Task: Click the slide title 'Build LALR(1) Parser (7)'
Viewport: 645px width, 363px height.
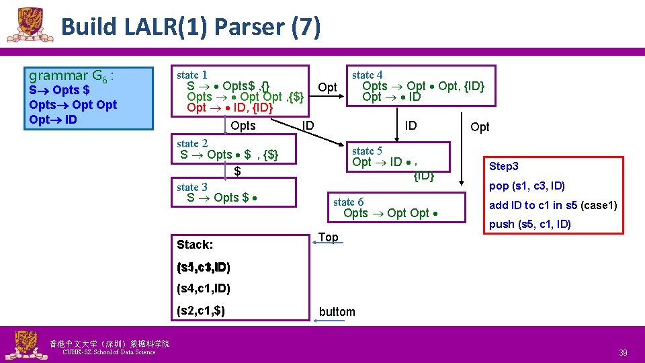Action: pos(191,27)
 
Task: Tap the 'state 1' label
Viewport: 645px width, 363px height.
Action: pos(191,75)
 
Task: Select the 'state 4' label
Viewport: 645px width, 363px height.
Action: pos(367,75)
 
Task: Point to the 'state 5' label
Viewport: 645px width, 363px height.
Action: pos(367,151)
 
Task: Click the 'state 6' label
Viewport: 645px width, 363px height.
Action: pos(348,202)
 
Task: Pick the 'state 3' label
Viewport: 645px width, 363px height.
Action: pos(191,187)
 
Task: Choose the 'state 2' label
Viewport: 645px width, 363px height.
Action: pos(191,143)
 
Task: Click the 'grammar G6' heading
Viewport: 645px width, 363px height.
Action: pos(70,75)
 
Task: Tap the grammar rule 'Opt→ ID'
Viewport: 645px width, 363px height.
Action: pos(53,120)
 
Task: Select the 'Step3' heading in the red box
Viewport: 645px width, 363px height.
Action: pos(504,166)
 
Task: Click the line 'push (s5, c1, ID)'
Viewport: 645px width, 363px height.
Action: pos(529,224)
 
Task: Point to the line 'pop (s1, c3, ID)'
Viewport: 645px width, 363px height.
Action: pos(527,186)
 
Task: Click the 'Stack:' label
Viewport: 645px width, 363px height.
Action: pos(194,245)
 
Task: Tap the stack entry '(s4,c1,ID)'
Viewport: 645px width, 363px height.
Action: pos(203,289)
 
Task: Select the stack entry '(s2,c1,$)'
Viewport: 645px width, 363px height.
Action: pos(200,311)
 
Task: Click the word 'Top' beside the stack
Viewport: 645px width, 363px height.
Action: pos(328,237)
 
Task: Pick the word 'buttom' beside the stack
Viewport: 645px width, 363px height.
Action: pos(337,311)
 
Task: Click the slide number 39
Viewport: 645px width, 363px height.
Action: pos(623,353)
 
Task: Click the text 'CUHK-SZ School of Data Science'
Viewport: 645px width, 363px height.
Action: pos(108,352)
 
